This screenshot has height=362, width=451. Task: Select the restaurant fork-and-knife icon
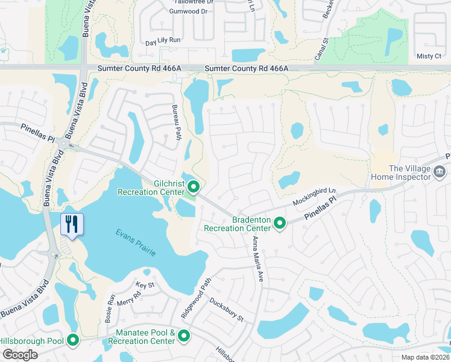[x=72, y=225]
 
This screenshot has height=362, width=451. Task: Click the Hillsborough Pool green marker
[x=73, y=341]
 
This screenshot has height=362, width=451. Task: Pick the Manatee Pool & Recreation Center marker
[x=184, y=336]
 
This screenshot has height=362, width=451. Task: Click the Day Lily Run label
[x=163, y=40]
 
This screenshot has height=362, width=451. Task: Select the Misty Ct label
[x=429, y=56]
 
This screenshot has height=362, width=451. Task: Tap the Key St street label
[x=145, y=285]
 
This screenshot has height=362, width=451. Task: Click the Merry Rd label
[x=129, y=297]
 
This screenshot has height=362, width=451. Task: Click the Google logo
[x=20, y=355]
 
